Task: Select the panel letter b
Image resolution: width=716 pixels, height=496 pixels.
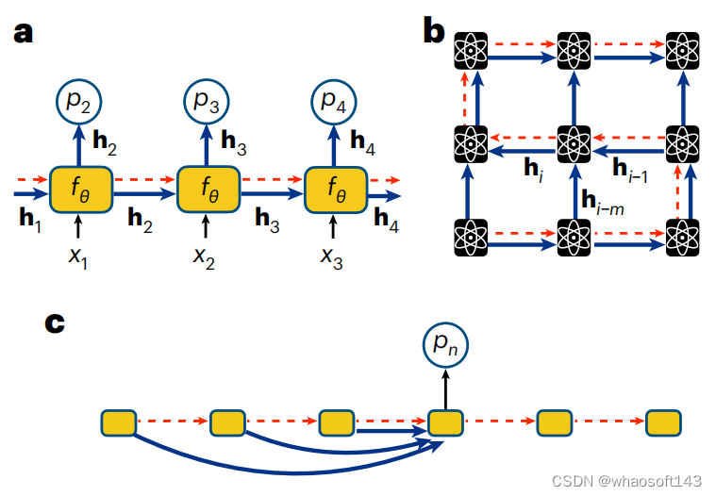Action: pos(434,32)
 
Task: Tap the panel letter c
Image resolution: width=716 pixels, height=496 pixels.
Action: pos(56,322)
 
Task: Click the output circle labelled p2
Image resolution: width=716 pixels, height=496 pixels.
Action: pos(78,103)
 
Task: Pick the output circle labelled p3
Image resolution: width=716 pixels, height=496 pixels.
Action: pos(207,103)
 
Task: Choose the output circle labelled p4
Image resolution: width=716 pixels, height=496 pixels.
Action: pos(333,103)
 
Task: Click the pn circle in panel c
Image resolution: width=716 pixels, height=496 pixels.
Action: pos(445,351)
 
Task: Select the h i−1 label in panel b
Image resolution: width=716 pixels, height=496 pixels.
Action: pos(630,169)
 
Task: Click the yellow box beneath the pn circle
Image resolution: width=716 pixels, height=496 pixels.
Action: pos(445,422)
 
